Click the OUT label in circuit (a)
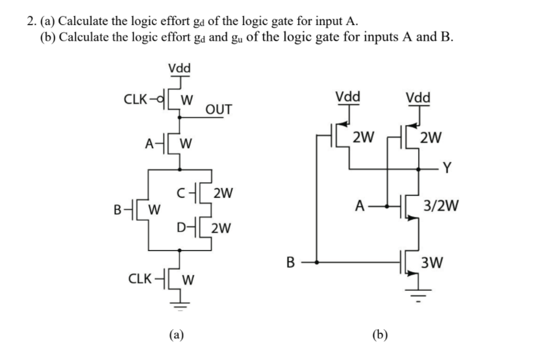pyautogui.click(x=219, y=110)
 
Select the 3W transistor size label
pyautogui.click(x=433, y=264)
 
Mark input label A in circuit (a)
pyautogui.click(x=148, y=144)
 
